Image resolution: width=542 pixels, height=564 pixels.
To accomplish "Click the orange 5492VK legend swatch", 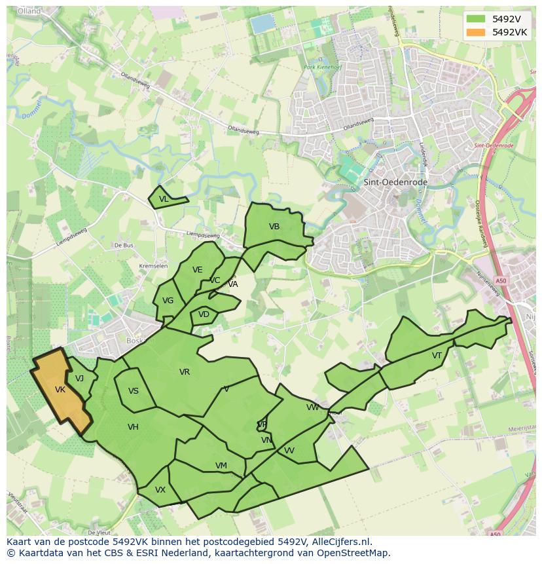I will pos(477,32).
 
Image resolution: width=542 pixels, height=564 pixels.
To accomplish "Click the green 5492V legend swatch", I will pos(477,18).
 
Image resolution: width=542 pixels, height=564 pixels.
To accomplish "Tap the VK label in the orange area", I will pos(60,390).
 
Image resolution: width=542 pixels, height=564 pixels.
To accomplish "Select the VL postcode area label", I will pos(164,199).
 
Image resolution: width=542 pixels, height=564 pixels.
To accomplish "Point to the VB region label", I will pos(274,227).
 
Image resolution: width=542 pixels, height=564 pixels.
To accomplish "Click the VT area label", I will pos(437,356).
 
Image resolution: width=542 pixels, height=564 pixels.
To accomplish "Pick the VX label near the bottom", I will pos(160,490).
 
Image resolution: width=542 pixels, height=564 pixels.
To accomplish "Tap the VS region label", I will pos(134,391).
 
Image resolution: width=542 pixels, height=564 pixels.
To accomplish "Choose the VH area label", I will pos(133,427).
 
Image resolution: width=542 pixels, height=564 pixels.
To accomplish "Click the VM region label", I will pos(221,466).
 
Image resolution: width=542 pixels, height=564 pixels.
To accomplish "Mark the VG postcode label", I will pos(168,301).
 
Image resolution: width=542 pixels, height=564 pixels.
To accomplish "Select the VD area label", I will pos(204,314).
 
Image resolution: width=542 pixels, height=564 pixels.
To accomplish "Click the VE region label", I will pos(197,270).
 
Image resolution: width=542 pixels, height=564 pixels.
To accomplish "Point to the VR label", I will pos(185,372).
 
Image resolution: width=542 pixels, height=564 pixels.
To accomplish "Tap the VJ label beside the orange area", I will pos(79,379).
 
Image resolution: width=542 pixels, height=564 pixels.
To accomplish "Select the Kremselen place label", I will pos(154,266).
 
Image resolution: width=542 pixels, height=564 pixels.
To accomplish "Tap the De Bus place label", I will pos(124,245).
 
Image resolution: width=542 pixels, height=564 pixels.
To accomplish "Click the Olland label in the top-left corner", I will pos(29,11).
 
